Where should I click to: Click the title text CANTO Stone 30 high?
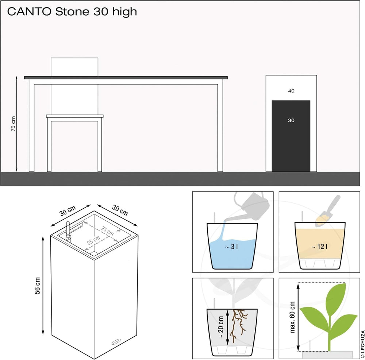(x=72, y=12)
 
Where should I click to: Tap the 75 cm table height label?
(x=14, y=124)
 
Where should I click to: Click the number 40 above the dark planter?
(x=291, y=91)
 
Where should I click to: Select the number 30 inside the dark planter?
(x=291, y=120)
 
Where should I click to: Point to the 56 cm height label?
(x=38, y=286)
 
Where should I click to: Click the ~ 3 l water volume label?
(x=231, y=247)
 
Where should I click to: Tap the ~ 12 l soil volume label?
(x=319, y=247)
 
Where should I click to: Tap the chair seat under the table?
(x=75, y=116)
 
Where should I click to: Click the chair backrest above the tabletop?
(x=74, y=67)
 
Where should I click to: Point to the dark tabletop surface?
(x=126, y=78)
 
